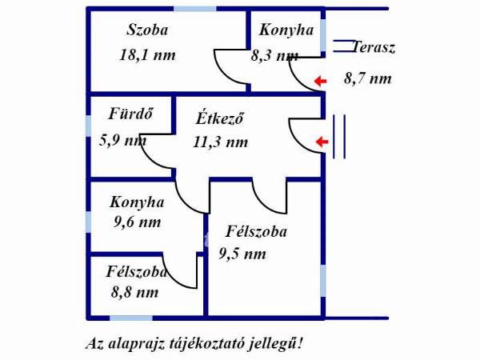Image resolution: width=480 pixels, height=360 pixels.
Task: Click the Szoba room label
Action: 148,31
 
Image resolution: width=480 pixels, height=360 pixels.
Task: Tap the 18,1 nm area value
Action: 146,55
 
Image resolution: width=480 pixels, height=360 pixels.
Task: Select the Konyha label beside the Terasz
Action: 285,30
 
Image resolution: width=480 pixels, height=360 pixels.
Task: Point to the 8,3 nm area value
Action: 274,56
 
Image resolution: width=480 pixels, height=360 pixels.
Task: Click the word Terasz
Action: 374,48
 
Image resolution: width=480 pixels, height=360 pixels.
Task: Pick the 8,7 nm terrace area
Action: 368,78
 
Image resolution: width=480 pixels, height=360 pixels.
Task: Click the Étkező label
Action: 219,119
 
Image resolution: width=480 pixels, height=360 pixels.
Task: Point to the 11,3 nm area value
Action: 220,142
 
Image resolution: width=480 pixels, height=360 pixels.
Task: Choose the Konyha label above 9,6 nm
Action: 138,202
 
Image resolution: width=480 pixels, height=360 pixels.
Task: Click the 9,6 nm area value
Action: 137,222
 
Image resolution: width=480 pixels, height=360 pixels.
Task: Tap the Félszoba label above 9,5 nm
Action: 256,233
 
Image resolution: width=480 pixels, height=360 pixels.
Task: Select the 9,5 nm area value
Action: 242,254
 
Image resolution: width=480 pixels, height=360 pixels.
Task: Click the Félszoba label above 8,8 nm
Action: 137,272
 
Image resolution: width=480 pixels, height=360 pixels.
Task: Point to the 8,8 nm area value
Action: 134,293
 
